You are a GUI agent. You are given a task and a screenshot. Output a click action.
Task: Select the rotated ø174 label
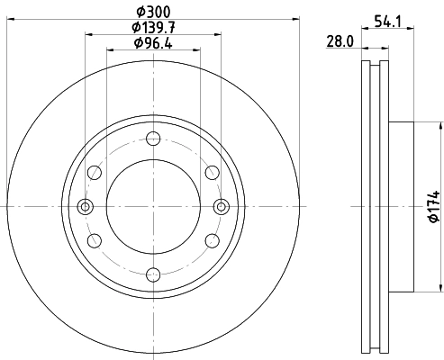click(x=433, y=207)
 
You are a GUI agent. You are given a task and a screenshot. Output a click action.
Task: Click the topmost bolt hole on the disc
click(x=152, y=139)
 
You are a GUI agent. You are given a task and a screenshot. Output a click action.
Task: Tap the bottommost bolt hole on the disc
click(x=152, y=274)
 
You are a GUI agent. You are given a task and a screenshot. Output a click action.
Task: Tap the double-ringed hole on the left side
click(x=86, y=206)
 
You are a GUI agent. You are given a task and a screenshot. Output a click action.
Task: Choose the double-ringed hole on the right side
click(x=220, y=206)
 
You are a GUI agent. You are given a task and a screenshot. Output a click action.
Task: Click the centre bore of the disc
click(x=152, y=206)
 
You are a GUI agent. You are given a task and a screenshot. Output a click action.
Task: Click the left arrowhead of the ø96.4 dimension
click(x=112, y=50)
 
